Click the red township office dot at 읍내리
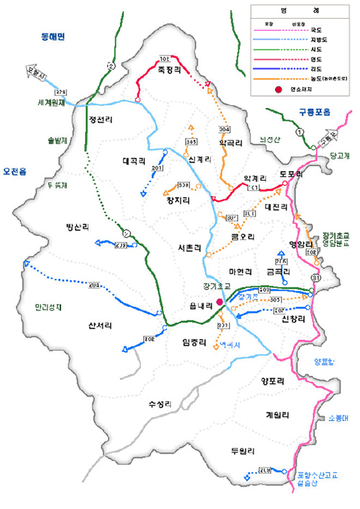tap(220, 303)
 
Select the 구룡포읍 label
tap(314, 112)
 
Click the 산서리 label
tap(98, 325)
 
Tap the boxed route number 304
tap(225, 129)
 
